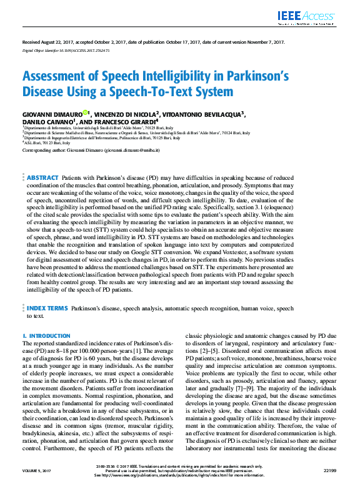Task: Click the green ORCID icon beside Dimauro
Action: click(x=86, y=113)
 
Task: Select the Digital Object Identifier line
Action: click(x=66, y=49)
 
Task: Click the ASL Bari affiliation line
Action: click(x=47, y=143)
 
